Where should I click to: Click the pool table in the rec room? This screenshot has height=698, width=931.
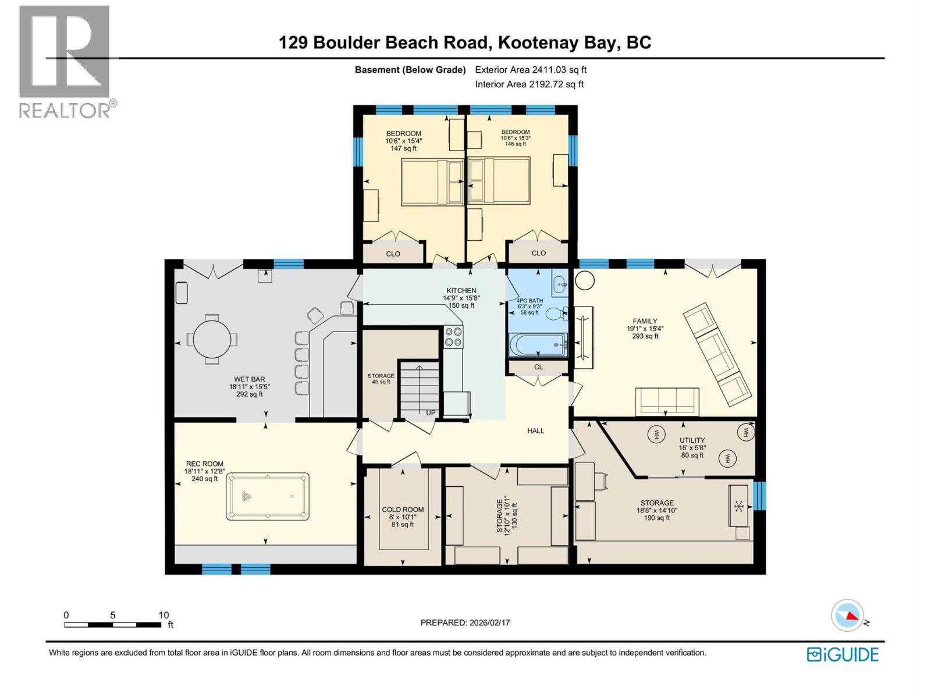click(268, 496)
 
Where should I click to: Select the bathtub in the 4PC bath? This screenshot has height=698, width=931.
click(537, 345)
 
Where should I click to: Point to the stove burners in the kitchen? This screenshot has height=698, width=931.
click(453, 337)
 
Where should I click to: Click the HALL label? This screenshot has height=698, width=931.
click(535, 431)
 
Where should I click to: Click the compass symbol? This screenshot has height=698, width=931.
click(847, 615)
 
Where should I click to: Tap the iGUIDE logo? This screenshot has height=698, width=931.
click(843, 654)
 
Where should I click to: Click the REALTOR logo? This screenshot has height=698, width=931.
click(65, 61)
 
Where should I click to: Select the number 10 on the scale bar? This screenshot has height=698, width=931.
click(164, 615)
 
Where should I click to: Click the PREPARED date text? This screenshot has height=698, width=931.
click(465, 622)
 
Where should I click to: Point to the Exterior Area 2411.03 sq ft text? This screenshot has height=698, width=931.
click(531, 70)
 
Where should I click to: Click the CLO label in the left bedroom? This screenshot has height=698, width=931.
click(393, 254)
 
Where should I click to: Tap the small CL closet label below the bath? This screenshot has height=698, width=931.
click(538, 367)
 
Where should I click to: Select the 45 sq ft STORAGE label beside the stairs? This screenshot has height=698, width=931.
click(381, 379)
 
